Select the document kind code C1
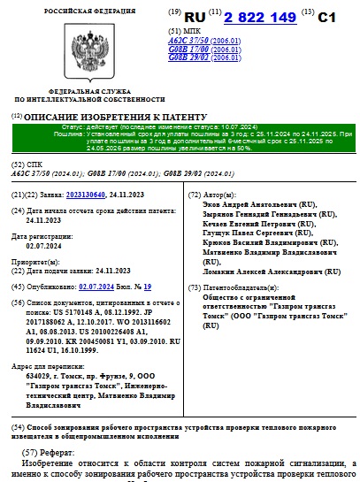click(x=327, y=16)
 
